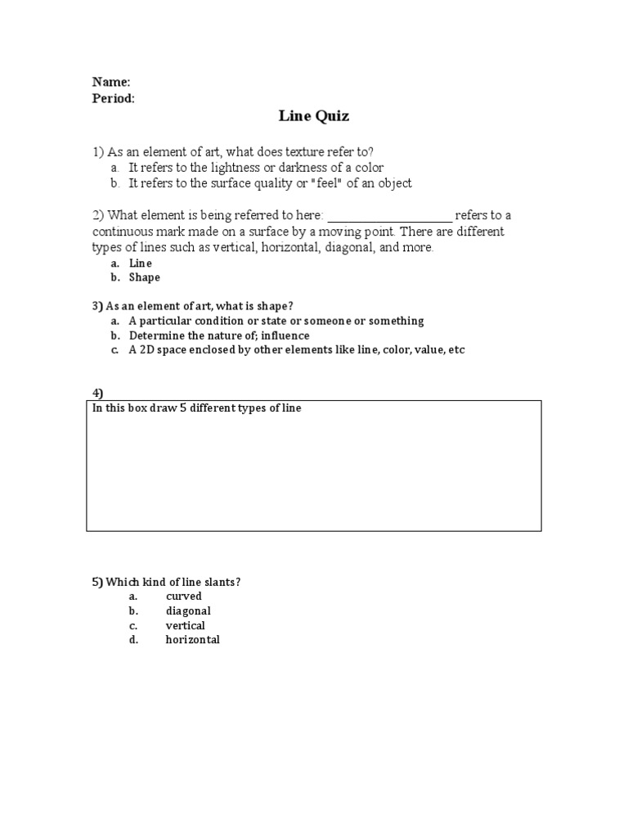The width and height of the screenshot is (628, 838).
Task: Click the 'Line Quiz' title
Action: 314,116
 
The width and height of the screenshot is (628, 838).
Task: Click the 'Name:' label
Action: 110,82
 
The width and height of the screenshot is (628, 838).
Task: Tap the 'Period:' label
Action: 114,98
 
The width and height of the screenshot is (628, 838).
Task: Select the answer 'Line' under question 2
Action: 141,264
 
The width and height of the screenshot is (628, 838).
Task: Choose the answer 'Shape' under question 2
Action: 145,277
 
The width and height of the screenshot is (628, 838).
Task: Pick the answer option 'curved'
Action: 183,597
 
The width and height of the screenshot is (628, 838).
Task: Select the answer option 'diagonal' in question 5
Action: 188,611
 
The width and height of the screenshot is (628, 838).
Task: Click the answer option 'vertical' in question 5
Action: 186,626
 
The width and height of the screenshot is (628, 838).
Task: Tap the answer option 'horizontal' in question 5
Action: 193,640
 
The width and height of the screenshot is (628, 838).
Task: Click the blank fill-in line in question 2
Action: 389,217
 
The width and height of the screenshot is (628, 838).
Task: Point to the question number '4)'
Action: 97,394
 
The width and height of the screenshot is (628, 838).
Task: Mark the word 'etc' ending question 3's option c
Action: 455,349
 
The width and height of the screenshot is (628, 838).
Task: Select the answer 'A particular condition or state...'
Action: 276,321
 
